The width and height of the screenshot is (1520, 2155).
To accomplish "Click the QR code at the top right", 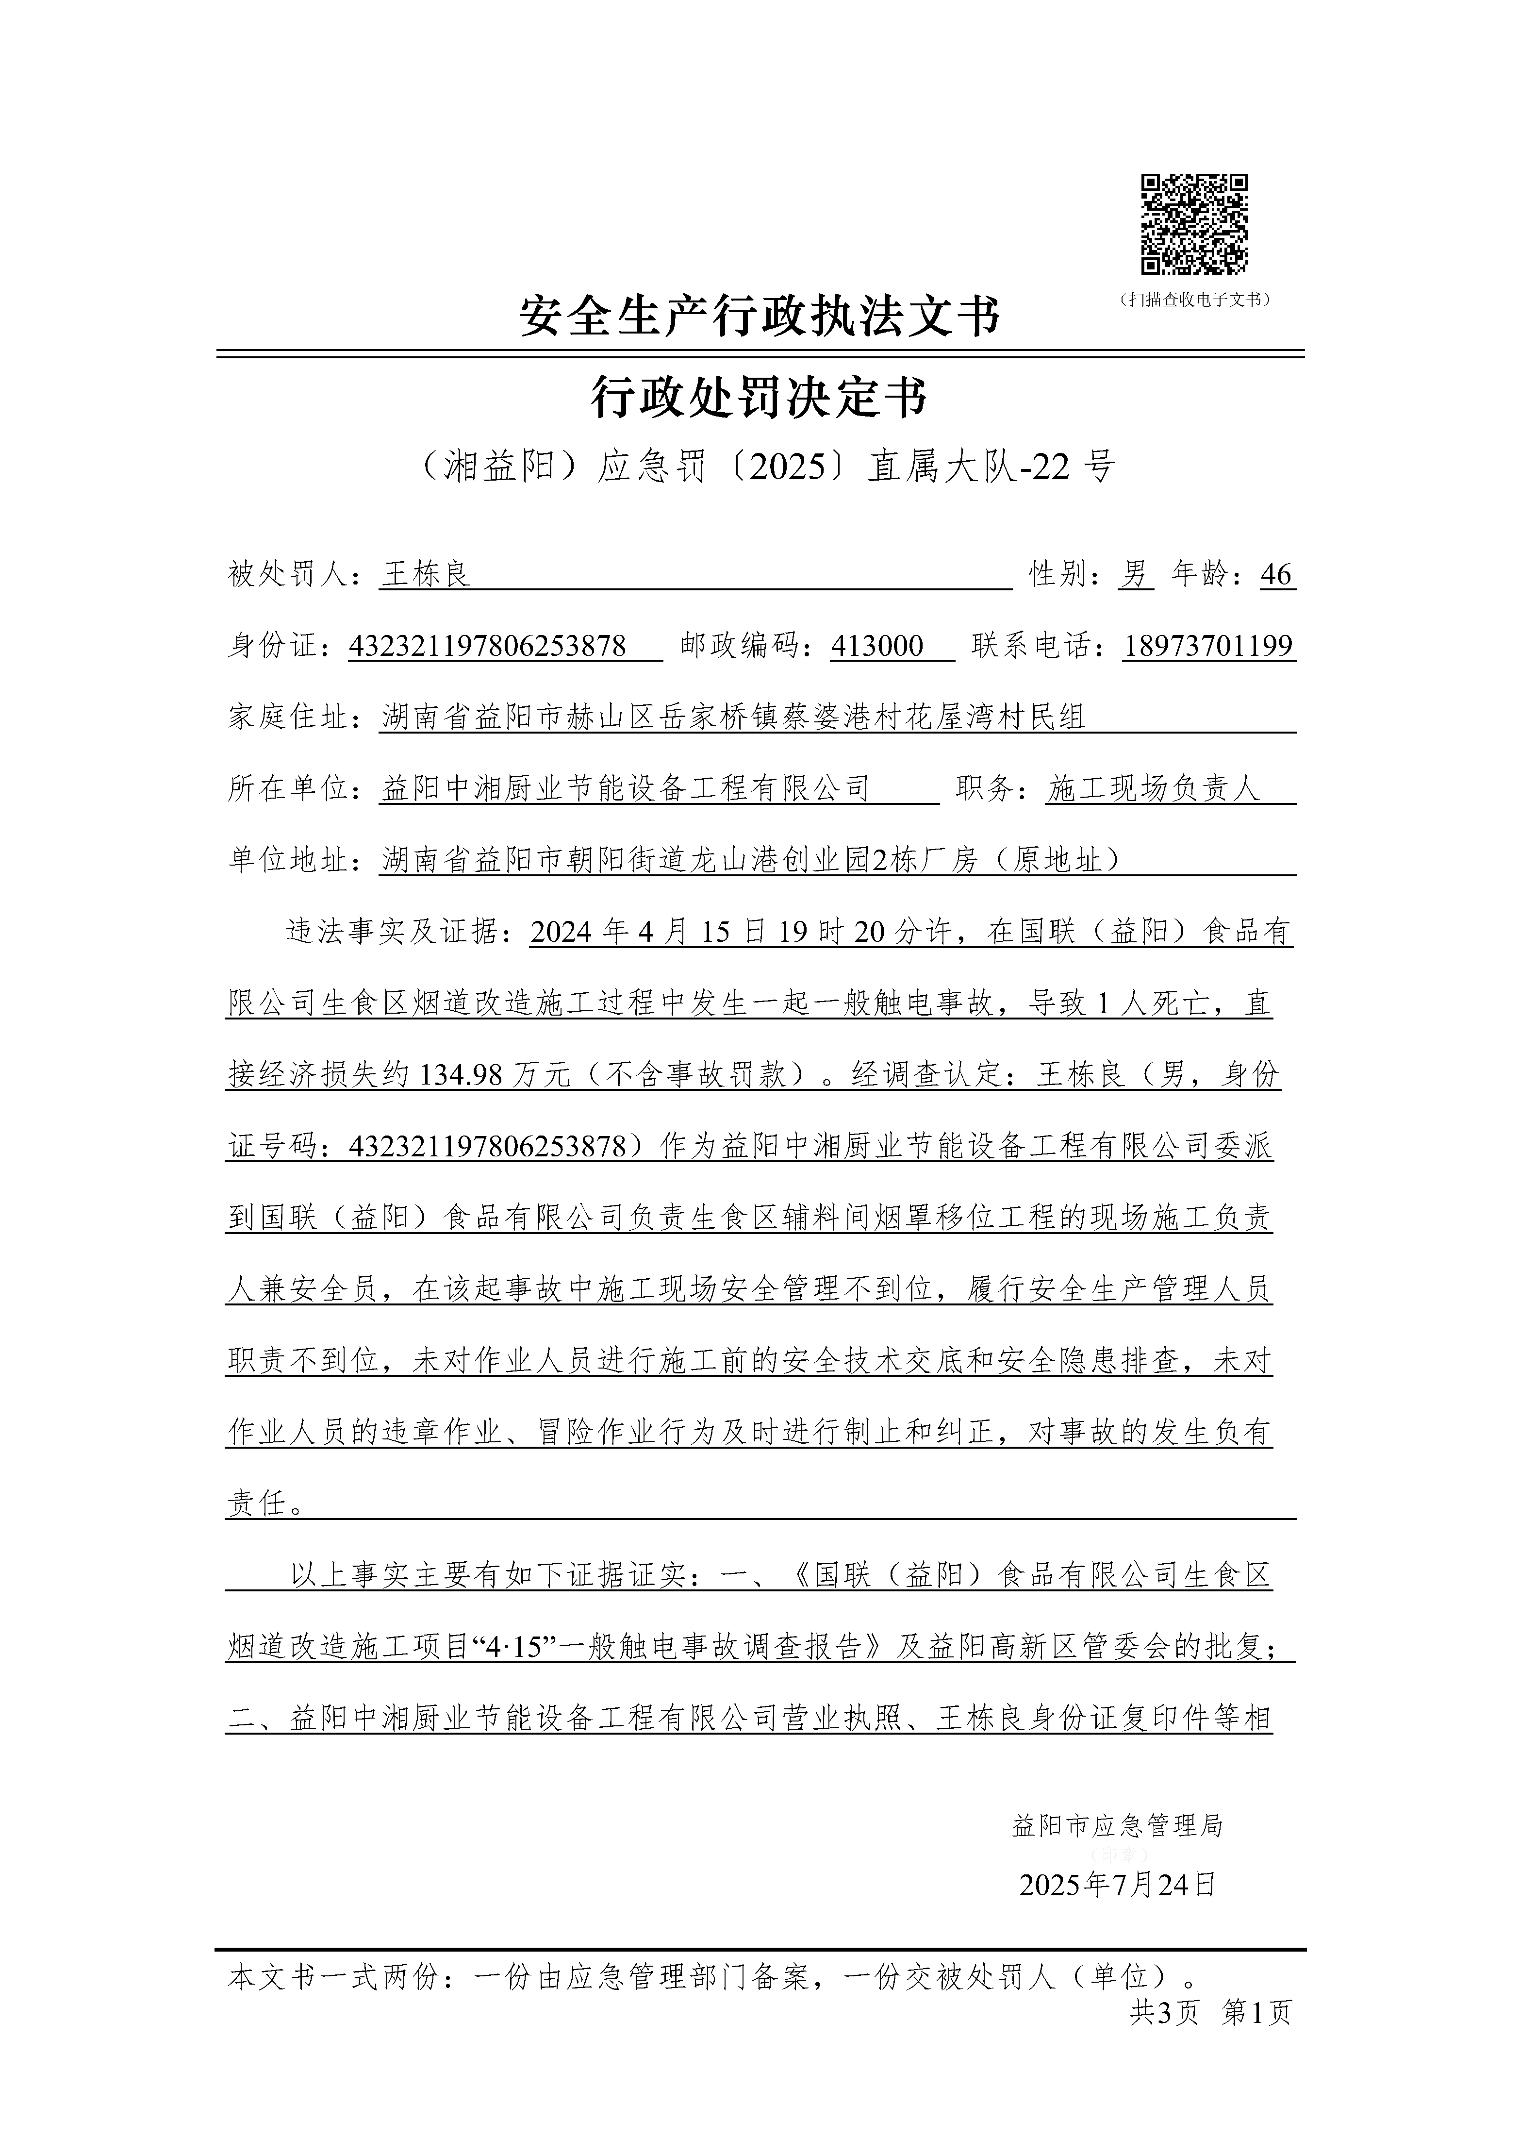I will (1193, 225).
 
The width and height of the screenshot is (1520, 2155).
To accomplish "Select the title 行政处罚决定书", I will (760, 397).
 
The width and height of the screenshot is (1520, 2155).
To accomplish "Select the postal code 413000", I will (877, 646).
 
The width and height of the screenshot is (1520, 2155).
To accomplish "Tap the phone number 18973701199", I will (1208, 646).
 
